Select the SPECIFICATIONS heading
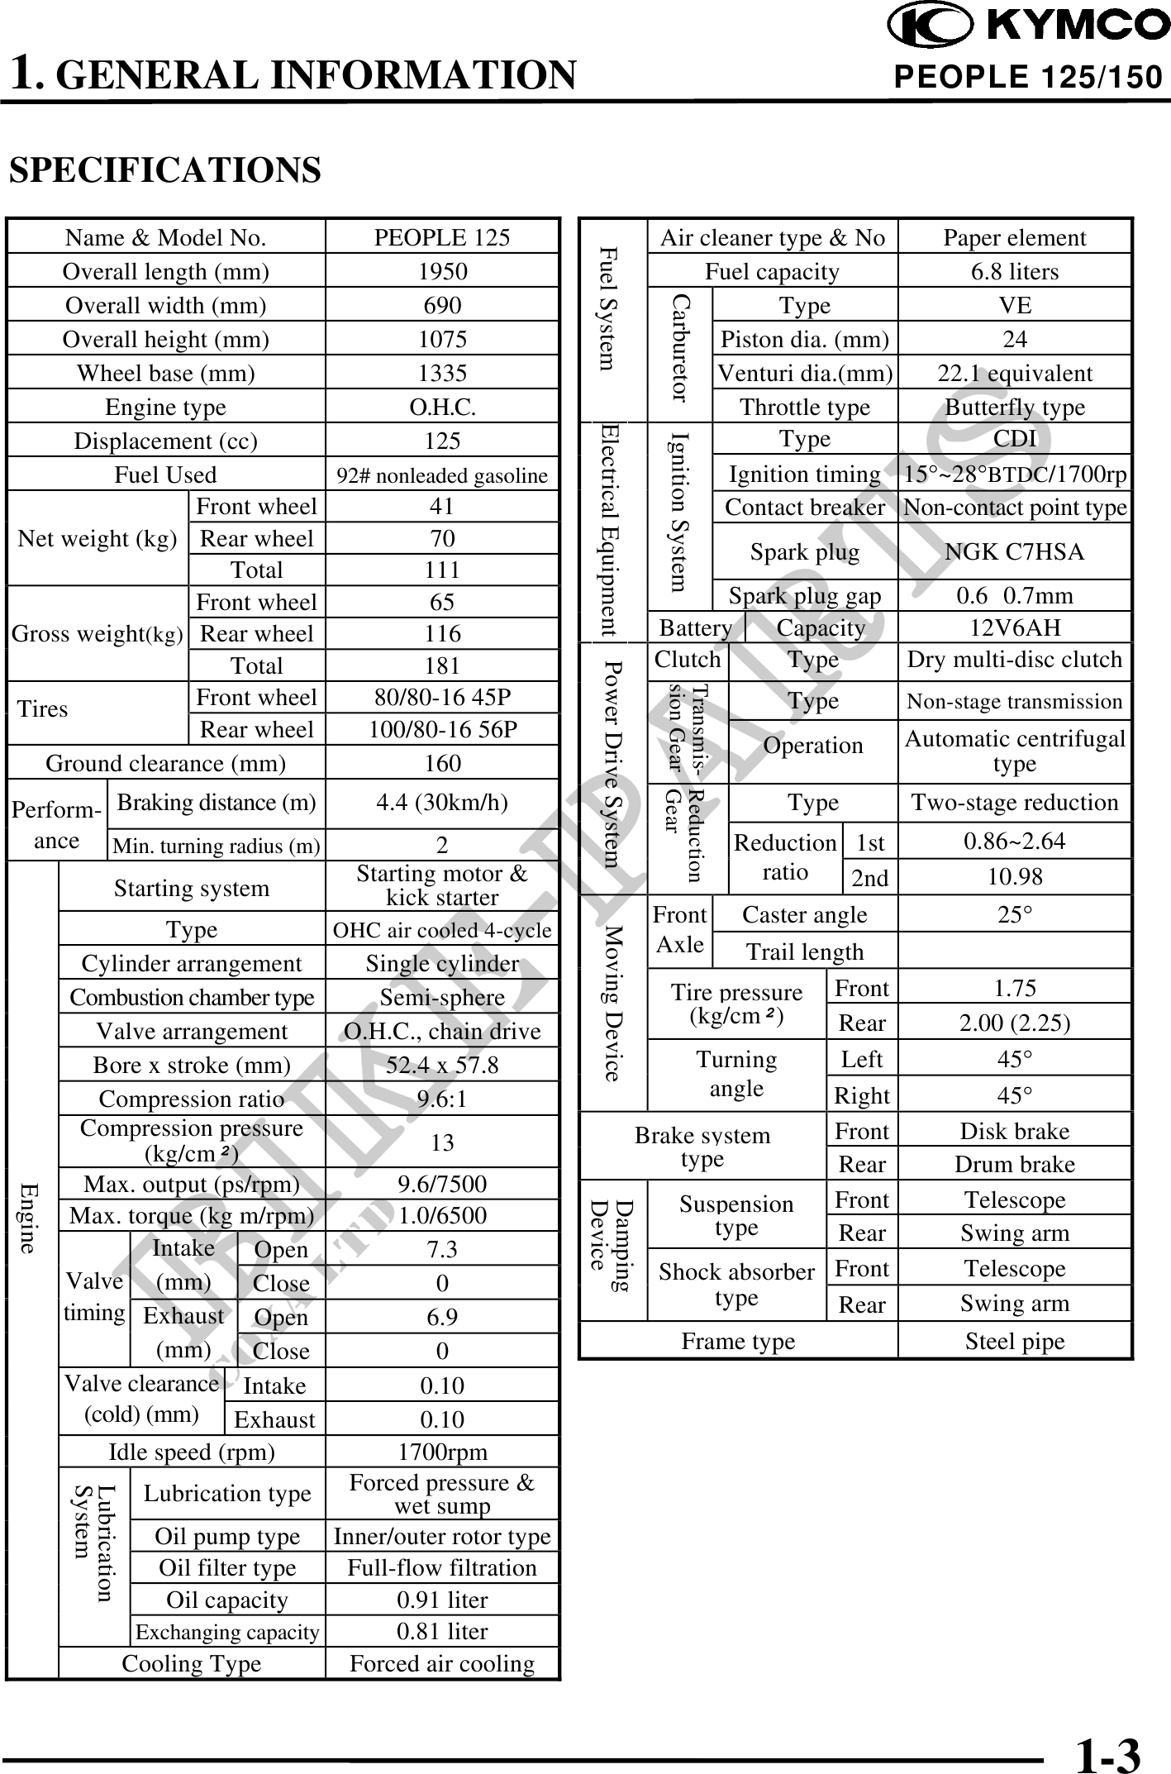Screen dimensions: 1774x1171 (164, 170)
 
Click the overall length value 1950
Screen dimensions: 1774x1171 (442, 271)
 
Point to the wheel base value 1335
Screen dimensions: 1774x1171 (442, 373)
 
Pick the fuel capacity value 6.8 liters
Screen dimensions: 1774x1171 (1014, 271)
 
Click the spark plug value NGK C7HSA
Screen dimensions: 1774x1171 (1014, 551)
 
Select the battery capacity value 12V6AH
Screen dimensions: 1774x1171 (1014, 627)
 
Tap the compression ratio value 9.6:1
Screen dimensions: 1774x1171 (442, 1099)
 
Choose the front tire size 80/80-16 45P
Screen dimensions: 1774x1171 (442, 697)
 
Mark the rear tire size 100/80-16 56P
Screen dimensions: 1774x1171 (442, 729)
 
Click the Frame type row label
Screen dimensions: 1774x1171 (738, 1341)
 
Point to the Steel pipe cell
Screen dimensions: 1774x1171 (1014, 1341)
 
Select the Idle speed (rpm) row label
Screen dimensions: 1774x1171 (192, 1452)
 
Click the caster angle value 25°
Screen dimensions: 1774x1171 (1014, 914)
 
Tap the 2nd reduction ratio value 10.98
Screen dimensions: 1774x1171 (1014, 876)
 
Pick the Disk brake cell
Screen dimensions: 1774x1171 (1014, 1131)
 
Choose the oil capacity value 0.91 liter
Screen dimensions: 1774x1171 (442, 1600)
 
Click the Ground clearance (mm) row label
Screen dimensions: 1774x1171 (165, 763)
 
